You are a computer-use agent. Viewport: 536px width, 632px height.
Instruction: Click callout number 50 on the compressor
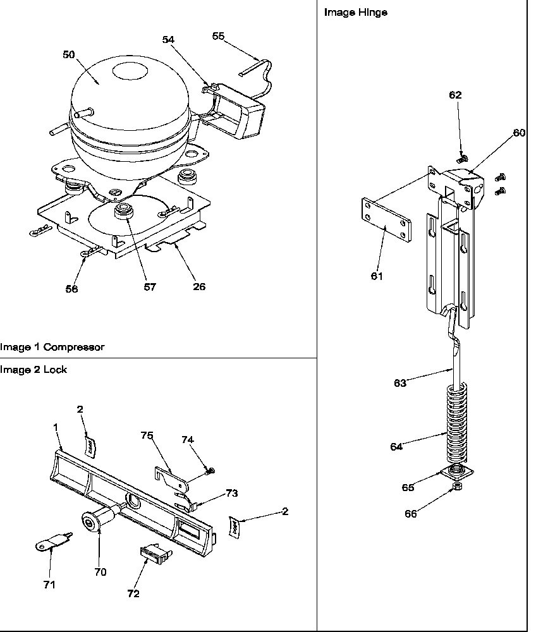[68, 54]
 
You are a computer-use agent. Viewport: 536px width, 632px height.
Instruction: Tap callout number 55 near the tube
[218, 36]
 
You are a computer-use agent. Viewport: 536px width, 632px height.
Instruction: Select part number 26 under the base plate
[199, 286]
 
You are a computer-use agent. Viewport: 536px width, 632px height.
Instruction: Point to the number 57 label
[149, 286]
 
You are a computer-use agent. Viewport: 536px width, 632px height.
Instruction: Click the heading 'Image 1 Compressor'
[52, 347]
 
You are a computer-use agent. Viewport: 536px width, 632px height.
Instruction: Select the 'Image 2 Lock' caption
[33, 369]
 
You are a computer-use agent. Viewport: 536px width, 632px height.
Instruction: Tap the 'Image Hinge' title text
[356, 12]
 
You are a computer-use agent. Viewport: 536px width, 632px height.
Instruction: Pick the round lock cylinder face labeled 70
[90, 522]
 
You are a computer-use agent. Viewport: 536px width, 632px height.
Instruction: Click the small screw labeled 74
[210, 470]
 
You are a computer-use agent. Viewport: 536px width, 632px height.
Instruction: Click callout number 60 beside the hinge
[519, 133]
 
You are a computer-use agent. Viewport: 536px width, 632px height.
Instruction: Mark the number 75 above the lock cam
[147, 435]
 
